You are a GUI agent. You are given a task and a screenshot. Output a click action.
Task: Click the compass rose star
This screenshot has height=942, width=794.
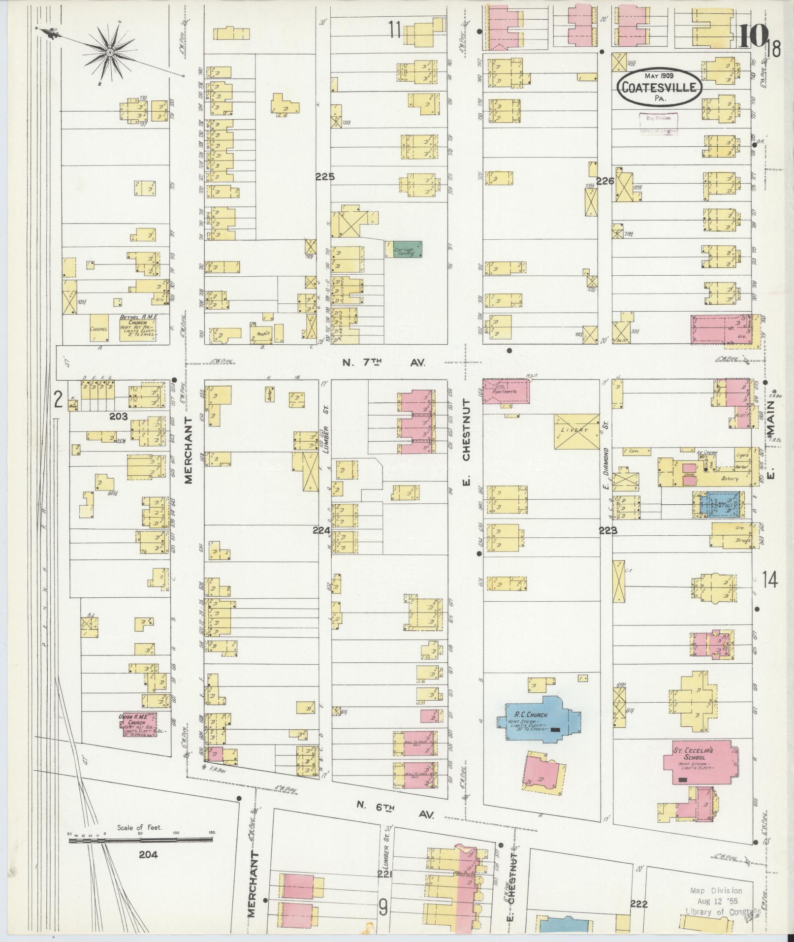coord(109,52)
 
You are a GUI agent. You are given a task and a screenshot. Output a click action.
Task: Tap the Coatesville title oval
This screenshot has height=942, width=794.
coord(659,88)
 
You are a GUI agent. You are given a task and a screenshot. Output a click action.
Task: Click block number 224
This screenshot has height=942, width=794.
coord(321,530)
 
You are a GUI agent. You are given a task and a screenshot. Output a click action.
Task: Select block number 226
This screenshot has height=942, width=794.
coord(605,181)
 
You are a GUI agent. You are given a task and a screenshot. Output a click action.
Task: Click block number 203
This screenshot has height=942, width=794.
coord(118,416)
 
